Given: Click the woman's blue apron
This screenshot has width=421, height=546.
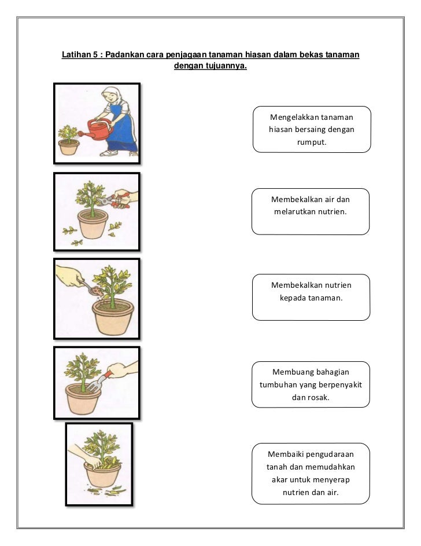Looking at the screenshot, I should coord(122,130).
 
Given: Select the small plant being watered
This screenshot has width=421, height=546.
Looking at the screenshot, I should coord(68,135).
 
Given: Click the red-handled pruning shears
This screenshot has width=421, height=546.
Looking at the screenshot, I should coord(115,201).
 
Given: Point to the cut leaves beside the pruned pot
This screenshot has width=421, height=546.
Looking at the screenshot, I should coord(71,234).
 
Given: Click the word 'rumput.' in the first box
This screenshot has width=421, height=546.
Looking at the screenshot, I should coord(311,141).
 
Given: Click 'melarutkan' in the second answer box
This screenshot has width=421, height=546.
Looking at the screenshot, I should coord(294,211).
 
